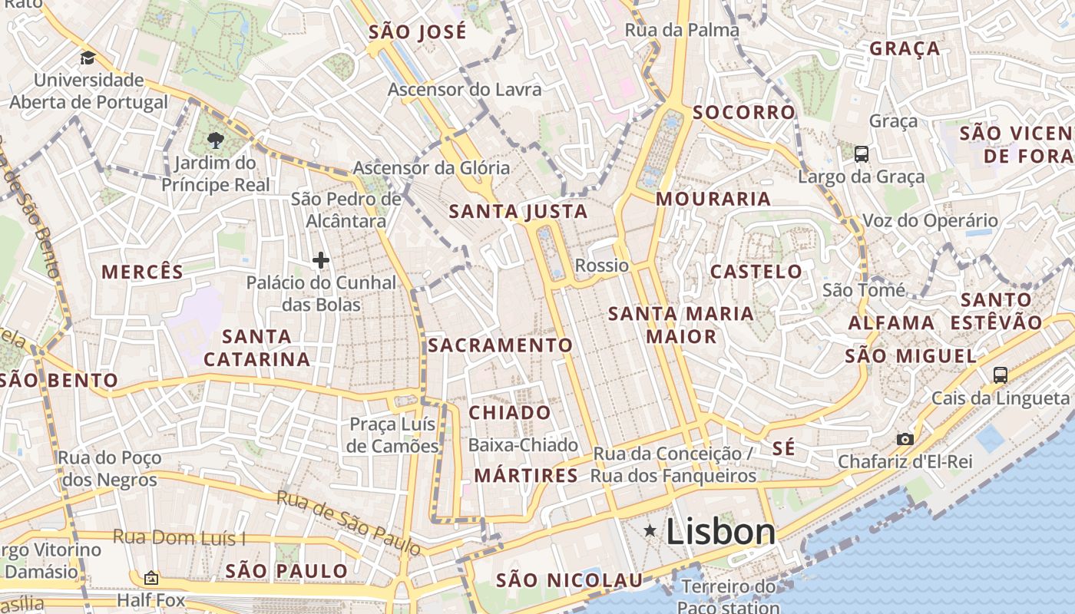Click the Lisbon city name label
720,531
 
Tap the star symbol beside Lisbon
650,530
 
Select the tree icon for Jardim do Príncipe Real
216,140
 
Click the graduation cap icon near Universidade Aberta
88,58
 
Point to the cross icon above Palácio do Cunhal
321,260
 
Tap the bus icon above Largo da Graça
862,153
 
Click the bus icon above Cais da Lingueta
1000,375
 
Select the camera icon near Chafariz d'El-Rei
905,439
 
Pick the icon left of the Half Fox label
151,578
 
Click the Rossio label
602,266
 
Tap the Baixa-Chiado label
523,445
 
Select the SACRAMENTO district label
501,345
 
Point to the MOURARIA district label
713,199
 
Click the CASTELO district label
756,271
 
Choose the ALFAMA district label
891,323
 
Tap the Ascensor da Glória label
432,167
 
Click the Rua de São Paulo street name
349,523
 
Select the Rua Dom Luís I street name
180,537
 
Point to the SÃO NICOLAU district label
569,580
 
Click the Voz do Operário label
931,221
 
